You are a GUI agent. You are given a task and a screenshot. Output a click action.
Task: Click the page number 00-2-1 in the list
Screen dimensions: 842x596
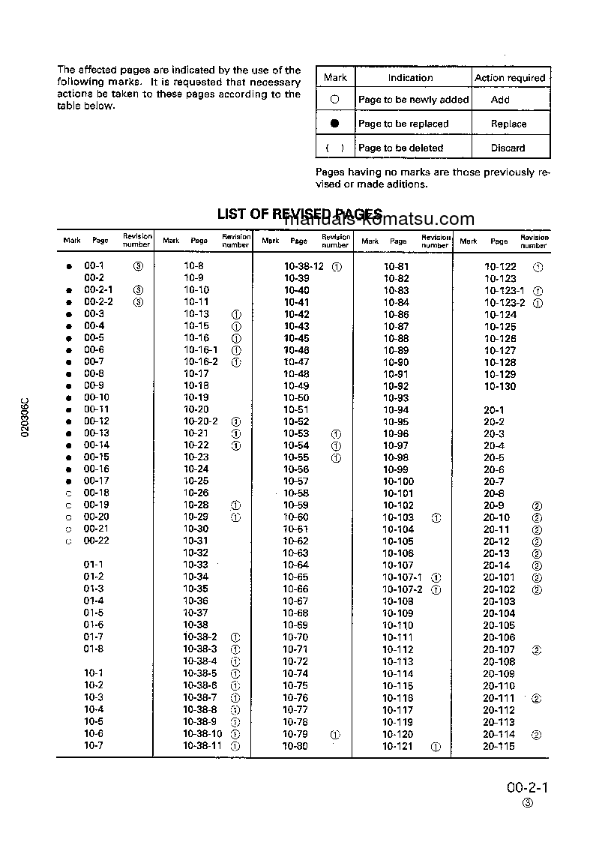pos(98,289)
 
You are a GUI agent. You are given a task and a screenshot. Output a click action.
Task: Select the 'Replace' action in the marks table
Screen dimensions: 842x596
pos(508,124)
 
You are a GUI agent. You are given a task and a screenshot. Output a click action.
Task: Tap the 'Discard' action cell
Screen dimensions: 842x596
pos(508,148)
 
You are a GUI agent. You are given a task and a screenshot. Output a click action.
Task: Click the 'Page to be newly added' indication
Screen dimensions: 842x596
pos(413,100)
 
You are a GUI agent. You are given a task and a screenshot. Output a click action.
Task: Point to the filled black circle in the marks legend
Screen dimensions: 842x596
pos(335,123)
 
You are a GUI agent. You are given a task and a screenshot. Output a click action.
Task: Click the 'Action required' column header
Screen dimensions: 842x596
pos(510,78)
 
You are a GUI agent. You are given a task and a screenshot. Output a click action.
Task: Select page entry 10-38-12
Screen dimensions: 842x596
pos(304,266)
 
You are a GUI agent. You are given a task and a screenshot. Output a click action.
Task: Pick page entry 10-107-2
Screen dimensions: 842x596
pos(403,589)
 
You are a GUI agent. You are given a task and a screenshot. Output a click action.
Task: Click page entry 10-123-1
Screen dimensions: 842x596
pos(505,290)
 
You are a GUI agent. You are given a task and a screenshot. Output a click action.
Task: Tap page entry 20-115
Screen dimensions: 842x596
pos(499,746)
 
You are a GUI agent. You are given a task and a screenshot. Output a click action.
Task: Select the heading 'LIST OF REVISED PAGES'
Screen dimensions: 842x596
pos(300,214)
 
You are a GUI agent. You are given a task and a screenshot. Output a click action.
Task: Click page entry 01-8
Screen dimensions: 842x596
pos(94,649)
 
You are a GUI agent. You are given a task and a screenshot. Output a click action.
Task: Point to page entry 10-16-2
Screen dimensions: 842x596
pos(201,361)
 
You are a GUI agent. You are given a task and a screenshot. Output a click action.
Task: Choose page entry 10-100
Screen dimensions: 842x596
pos(398,481)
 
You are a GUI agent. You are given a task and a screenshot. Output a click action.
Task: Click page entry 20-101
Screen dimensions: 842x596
pos(499,577)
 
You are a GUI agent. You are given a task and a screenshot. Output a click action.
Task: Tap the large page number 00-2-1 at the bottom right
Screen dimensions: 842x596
pos(528,787)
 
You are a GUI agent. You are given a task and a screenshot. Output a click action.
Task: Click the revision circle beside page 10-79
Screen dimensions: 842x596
pos(335,735)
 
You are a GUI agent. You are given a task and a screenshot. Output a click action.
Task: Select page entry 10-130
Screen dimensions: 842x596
pos(500,386)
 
